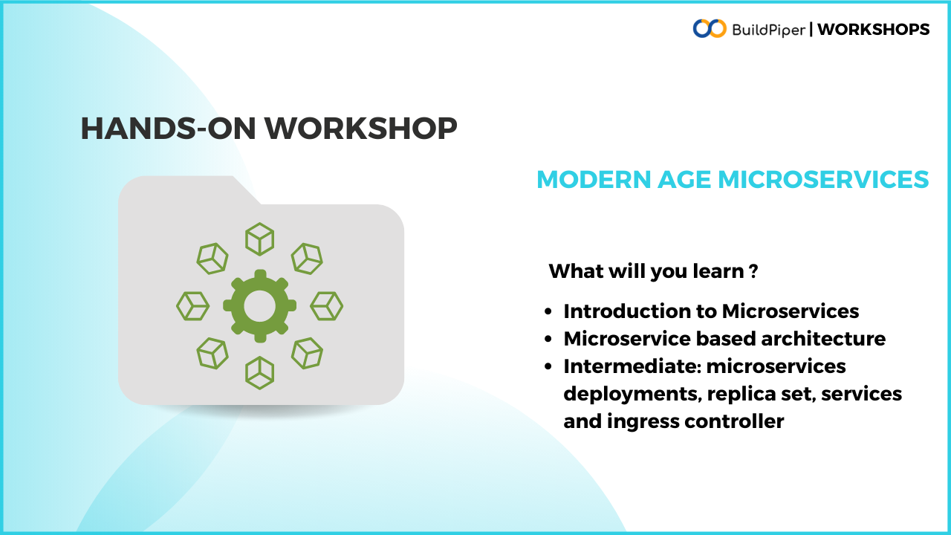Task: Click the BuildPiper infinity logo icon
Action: click(710, 28)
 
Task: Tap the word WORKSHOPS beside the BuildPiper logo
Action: click(873, 29)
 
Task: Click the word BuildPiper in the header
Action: click(768, 30)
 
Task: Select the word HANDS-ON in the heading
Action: click(168, 129)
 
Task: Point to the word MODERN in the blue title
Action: click(594, 179)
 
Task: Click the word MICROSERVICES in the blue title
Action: click(823, 179)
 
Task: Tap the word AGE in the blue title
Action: click(684, 179)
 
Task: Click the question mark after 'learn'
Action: click(753, 271)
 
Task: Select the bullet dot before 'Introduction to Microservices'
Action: click(548, 311)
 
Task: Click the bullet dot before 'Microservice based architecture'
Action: click(548, 340)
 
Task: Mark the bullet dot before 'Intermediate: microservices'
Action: click(548, 366)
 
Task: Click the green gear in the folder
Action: click(260, 305)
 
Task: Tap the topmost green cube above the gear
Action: click(260, 239)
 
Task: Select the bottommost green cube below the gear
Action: click(260, 373)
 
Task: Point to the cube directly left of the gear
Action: click(192, 305)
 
